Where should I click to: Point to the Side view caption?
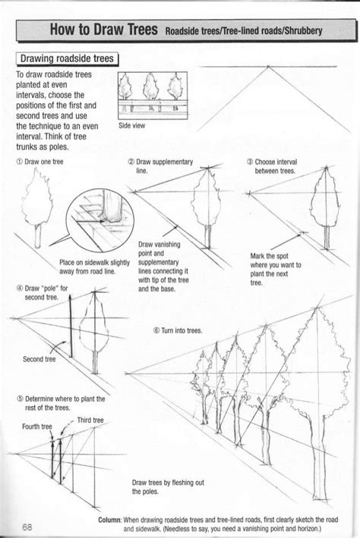(134, 127)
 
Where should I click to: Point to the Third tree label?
(90, 420)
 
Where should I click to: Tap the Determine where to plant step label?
(59, 402)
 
